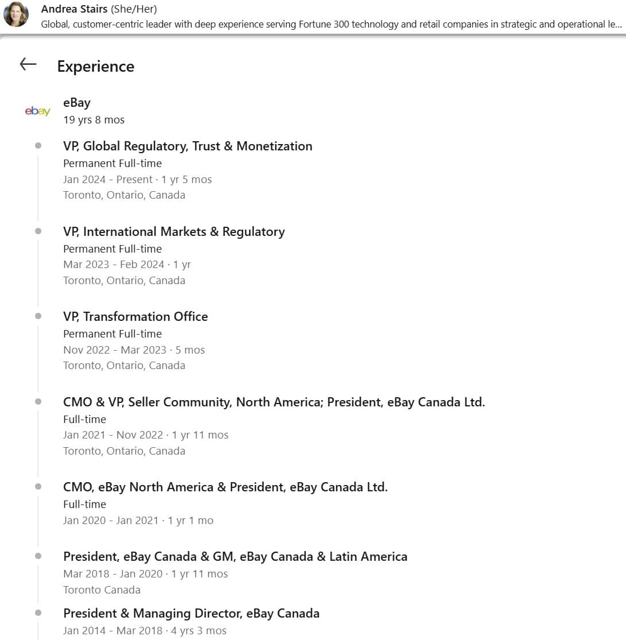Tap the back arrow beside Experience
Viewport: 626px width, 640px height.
point(28,64)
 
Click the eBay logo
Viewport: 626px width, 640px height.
point(38,111)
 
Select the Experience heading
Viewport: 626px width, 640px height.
point(95,67)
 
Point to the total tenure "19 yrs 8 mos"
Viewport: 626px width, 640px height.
point(94,120)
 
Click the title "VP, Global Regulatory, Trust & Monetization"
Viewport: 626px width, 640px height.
point(188,146)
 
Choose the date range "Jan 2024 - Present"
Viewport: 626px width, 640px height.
point(108,180)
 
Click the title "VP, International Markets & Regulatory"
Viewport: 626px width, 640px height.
point(174,232)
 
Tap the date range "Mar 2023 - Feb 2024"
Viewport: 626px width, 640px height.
point(114,265)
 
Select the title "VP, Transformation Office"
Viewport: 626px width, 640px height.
point(136,317)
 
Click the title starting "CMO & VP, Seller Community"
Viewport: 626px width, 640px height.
point(274,402)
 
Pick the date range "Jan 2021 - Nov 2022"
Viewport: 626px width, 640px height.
point(113,435)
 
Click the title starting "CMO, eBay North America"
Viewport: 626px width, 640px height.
point(225,487)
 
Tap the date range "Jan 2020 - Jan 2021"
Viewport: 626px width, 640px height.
point(112,521)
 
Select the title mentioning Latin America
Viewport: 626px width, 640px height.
point(235,557)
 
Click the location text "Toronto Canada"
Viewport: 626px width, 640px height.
point(102,590)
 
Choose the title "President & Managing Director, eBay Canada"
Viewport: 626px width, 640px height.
point(191,614)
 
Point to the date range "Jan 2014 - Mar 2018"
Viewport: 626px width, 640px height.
point(113,631)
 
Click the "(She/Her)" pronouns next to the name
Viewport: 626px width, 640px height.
point(134,9)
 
